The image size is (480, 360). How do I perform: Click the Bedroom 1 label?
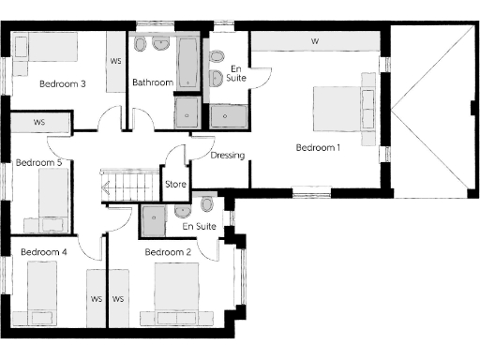click(x=319, y=147)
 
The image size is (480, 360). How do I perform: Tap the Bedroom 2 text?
click(x=169, y=252)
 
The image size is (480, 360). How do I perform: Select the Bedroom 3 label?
click(x=63, y=83)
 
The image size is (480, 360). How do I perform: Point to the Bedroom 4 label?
click(x=44, y=252)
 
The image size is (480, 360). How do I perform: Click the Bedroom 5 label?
click(x=39, y=162)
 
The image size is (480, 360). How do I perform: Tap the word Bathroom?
click(x=152, y=82)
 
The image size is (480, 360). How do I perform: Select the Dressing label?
click(x=228, y=156)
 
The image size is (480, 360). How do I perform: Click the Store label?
click(x=175, y=184)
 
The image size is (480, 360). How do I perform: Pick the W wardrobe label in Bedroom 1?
click(x=315, y=41)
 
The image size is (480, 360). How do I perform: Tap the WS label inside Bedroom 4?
click(x=96, y=300)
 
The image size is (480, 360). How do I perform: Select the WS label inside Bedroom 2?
click(x=119, y=300)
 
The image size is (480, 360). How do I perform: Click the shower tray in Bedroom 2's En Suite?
click(x=153, y=218)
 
